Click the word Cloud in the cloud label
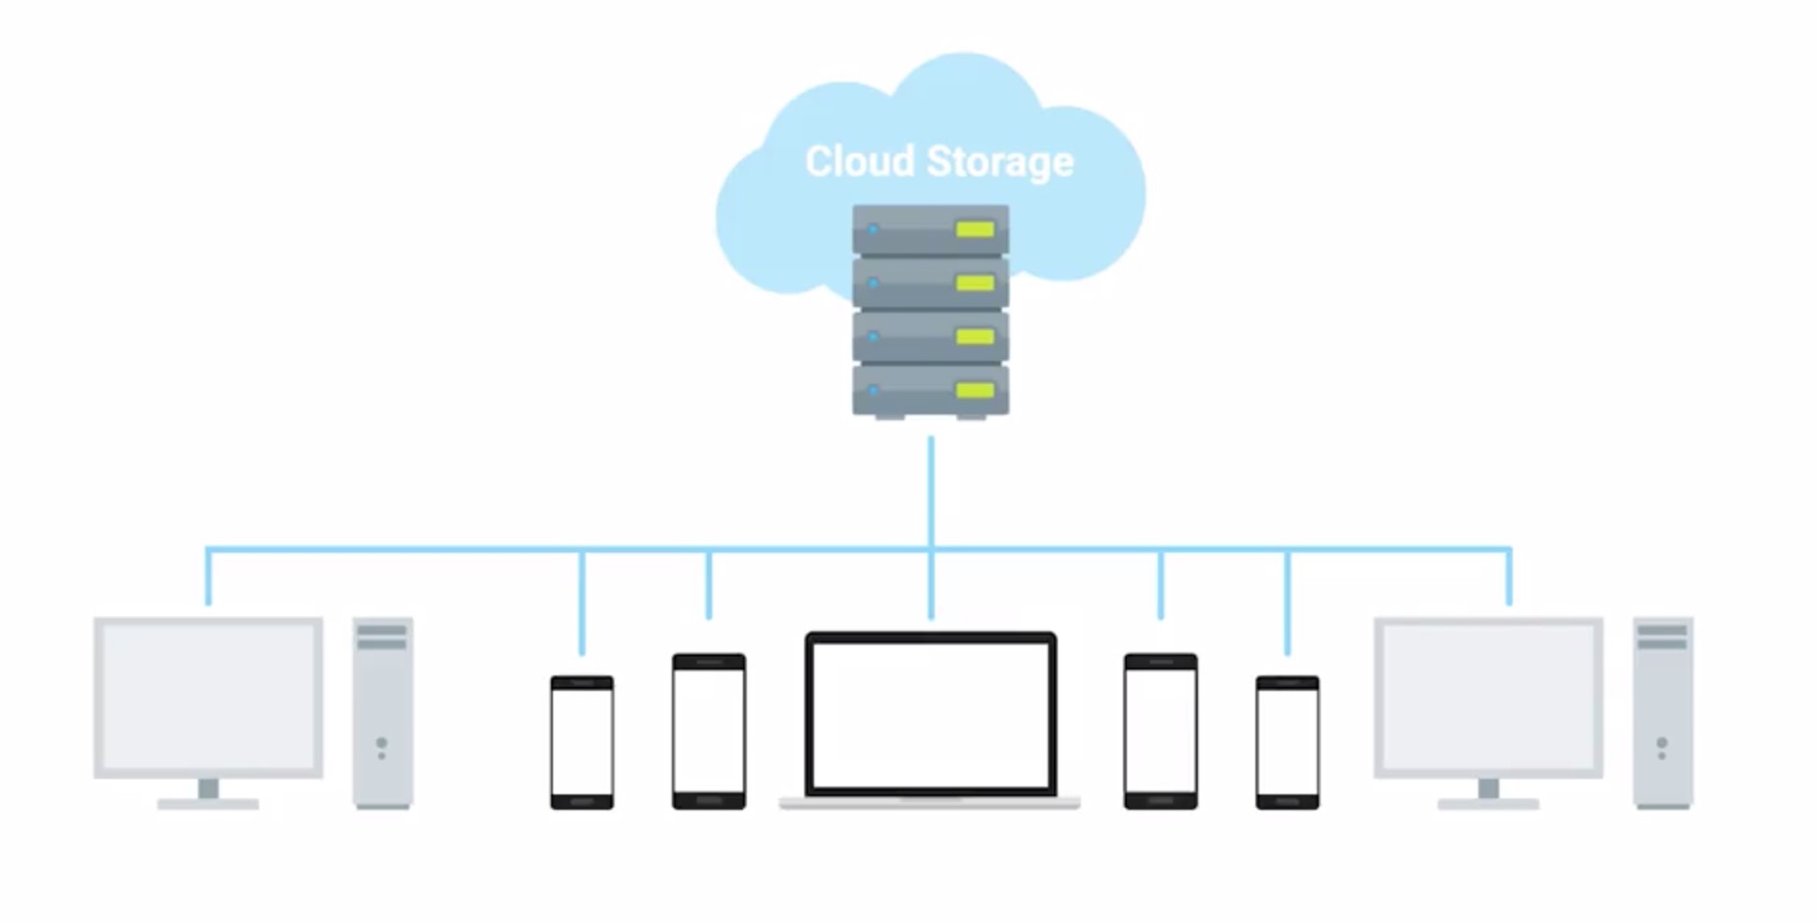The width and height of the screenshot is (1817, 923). pos(859,161)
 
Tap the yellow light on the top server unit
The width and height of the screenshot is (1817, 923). pos(974,229)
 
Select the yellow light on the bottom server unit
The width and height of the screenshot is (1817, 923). pos(974,390)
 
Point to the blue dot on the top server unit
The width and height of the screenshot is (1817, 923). pos(873,229)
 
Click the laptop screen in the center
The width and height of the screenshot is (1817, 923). pos(930,714)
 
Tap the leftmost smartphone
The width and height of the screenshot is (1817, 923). pos(582,742)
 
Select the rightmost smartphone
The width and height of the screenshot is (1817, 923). pos(1287,742)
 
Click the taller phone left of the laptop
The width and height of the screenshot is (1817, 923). pos(708,731)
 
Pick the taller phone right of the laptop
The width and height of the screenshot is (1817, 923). pos(1160,731)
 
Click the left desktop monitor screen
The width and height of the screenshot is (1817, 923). pos(208,697)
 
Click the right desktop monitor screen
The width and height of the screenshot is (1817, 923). pos(1488,697)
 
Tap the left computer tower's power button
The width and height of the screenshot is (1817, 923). pos(382,744)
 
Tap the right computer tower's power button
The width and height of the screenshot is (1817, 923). pos(1662,744)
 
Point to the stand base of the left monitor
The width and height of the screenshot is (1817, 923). pos(208,804)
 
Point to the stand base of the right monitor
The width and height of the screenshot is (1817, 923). pos(1488,804)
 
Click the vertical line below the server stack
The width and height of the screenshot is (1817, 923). pos(930,489)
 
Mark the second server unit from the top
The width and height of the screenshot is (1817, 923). pos(929,283)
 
